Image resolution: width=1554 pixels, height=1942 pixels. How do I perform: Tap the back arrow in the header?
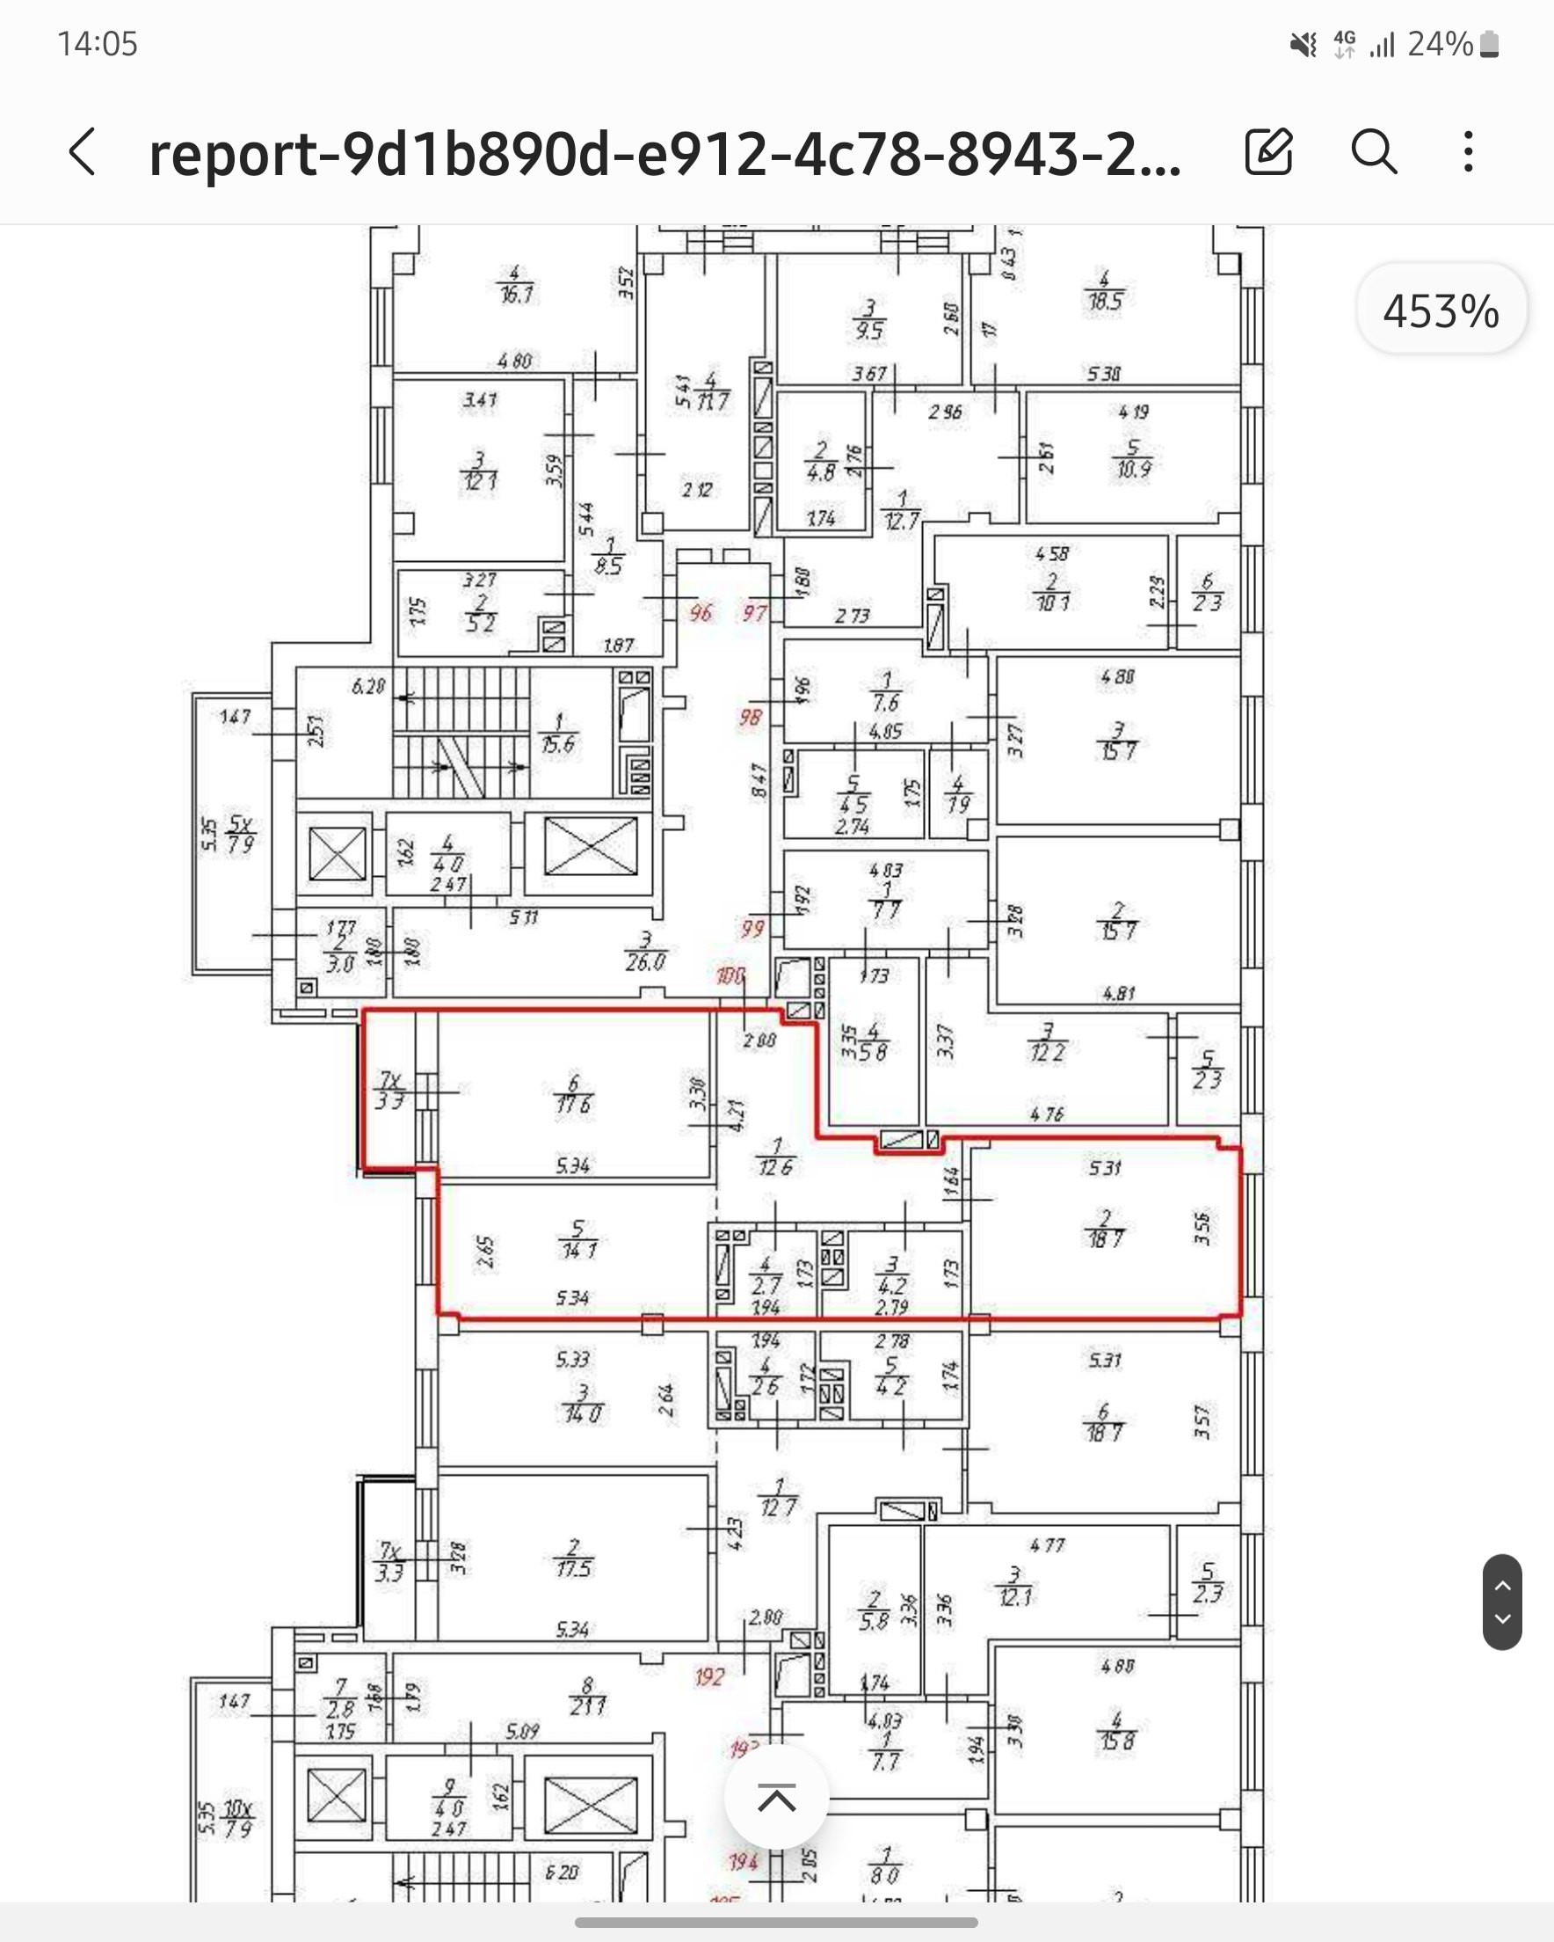[83, 151]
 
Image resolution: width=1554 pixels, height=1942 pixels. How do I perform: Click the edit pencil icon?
[1268, 151]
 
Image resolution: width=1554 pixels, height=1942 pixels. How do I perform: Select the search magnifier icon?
[1374, 151]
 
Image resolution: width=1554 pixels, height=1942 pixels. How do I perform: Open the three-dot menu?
[1469, 151]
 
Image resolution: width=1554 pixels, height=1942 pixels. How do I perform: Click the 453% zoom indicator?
[1441, 310]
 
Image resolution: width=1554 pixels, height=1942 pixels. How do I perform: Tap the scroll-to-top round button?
[776, 1798]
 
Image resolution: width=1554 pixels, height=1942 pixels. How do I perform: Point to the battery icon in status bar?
[1489, 44]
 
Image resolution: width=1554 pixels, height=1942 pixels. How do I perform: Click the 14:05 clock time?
[98, 44]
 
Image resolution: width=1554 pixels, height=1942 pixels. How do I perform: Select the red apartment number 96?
[701, 613]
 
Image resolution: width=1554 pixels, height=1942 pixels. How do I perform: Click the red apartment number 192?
[709, 1676]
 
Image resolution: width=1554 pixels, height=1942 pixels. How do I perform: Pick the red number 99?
[752, 928]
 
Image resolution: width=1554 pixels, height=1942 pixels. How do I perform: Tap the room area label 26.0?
[645, 962]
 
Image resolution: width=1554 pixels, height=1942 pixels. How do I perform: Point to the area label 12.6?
[775, 1167]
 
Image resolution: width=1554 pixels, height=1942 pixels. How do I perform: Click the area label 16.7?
[517, 295]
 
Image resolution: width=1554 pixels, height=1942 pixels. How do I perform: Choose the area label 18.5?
[1105, 301]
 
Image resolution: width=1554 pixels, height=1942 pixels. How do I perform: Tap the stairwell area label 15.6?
[558, 744]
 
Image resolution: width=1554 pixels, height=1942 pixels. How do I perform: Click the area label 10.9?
[1133, 469]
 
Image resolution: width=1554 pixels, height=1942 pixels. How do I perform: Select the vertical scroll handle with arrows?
[1502, 1602]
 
